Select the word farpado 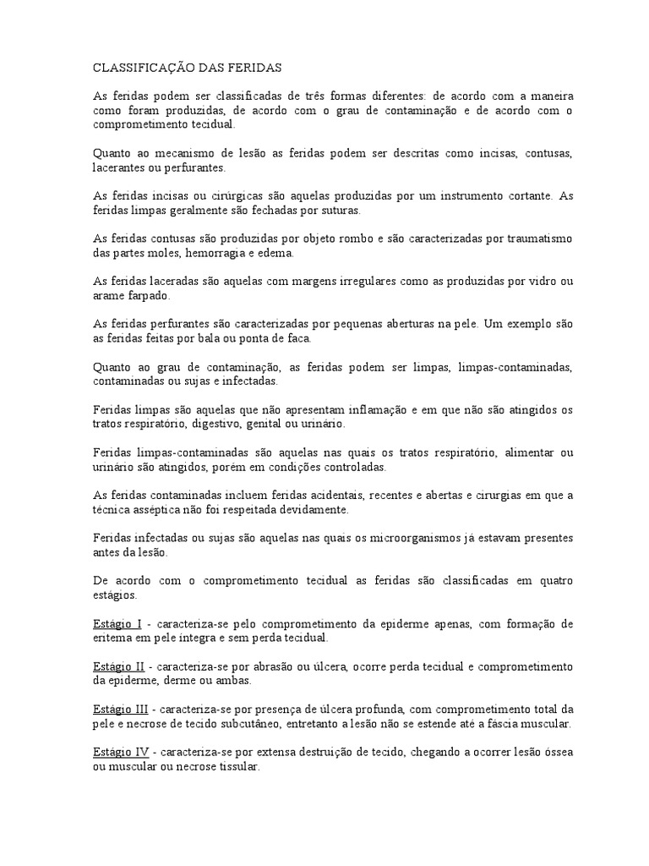pos(148,297)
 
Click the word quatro pos(555,582)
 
